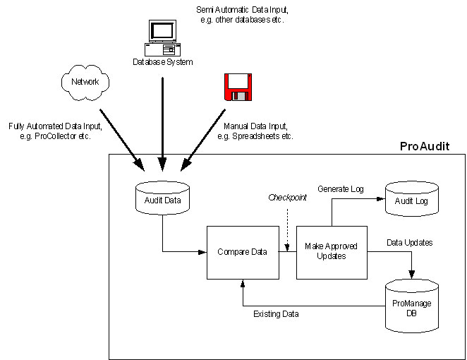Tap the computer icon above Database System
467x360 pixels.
click(162, 38)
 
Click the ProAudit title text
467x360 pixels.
click(424, 146)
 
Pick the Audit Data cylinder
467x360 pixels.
click(163, 198)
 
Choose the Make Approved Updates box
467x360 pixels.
click(331, 251)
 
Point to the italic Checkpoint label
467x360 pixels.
click(288, 198)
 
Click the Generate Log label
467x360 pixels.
click(341, 189)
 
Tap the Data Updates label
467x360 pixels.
click(409, 242)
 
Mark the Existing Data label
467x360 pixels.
click(276, 313)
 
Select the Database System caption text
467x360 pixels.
click(163, 61)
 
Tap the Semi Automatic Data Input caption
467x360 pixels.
click(241, 14)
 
